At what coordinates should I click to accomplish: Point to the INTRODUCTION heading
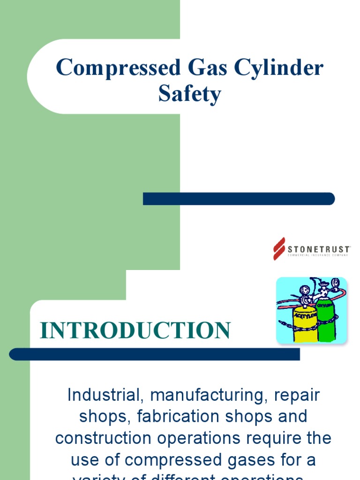(135, 330)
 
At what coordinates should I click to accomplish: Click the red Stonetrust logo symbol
(279, 248)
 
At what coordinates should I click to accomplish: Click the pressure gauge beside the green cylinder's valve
(335, 284)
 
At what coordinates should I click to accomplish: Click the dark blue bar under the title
(239, 199)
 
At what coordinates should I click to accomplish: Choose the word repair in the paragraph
(297, 395)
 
